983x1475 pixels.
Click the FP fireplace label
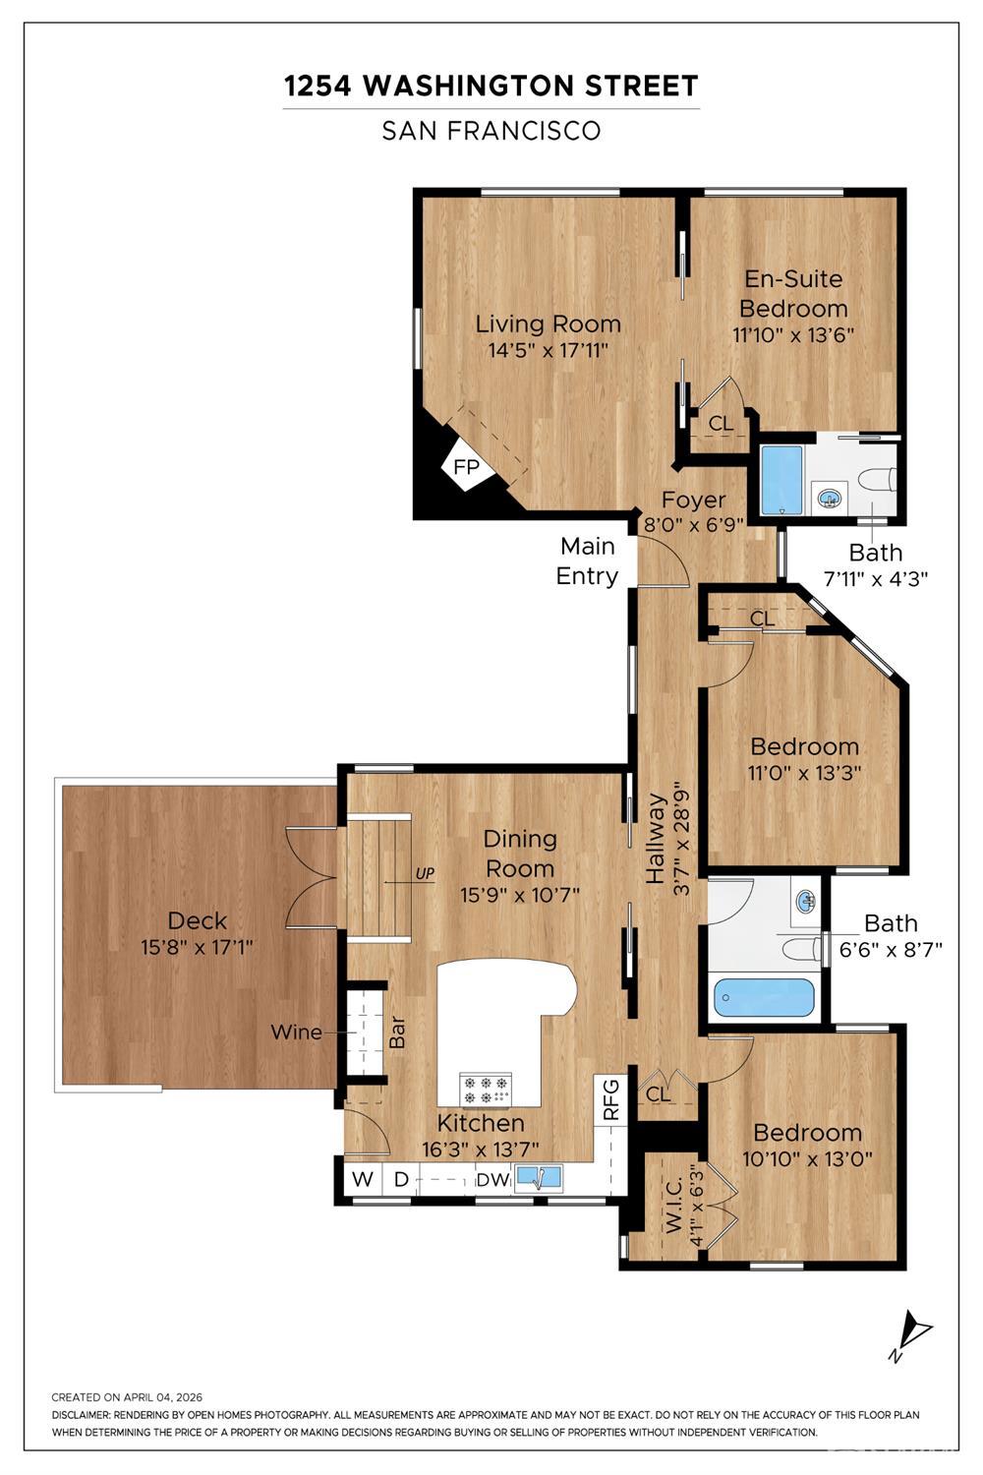(x=466, y=467)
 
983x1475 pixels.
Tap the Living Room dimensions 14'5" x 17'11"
(x=548, y=350)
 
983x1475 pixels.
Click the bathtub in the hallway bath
(x=765, y=997)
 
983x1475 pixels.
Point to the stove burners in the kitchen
(x=486, y=1090)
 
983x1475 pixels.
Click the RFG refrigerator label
(x=611, y=1099)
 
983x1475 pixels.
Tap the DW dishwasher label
(x=492, y=1180)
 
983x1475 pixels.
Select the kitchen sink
(x=538, y=1179)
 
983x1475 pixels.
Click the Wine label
(x=296, y=1032)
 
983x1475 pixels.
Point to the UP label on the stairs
(x=425, y=874)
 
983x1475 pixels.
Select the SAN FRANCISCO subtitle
(x=491, y=131)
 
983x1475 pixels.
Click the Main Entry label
(x=587, y=561)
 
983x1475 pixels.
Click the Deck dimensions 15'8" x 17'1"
(x=197, y=948)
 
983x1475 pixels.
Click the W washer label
(x=362, y=1179)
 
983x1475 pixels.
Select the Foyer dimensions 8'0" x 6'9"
(x=693, y=524)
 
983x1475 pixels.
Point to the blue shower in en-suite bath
(x=781, y=481)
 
